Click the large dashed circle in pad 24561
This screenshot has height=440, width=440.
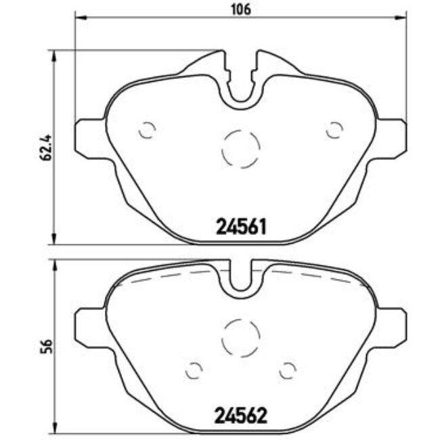pos(242,147)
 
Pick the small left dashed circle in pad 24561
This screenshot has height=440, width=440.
pos(147,130)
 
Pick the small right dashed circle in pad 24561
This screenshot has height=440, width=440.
pos(334,130)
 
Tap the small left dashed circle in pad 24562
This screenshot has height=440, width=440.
pos(194,370)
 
